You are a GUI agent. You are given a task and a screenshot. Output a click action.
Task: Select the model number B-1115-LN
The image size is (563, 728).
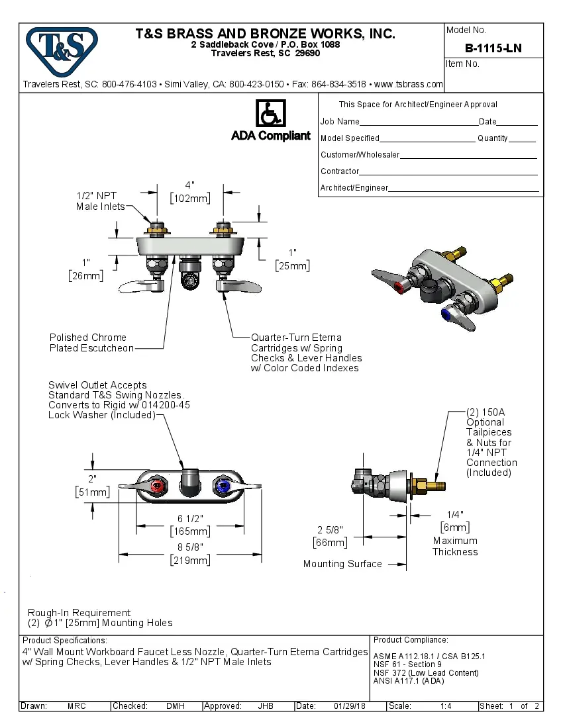(493, 48)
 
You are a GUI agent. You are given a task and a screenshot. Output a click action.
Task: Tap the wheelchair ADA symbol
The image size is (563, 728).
(270, 114)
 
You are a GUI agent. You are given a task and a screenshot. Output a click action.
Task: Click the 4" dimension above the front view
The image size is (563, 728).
(189, 185)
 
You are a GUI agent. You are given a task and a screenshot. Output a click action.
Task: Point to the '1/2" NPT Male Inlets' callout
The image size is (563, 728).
(100, 201)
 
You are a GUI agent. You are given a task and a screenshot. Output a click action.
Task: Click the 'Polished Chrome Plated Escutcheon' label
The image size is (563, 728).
(91, 343)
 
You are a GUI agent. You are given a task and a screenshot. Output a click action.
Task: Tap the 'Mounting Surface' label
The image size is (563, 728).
(342, 564)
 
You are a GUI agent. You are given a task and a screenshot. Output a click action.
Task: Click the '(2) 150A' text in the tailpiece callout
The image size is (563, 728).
(486, 412)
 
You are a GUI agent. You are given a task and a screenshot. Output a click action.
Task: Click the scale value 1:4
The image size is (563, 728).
(446, 706)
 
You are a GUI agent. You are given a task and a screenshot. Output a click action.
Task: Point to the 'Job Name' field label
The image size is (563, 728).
(340, 122)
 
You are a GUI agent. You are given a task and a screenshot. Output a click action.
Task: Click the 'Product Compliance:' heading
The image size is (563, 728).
(411, 640)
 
